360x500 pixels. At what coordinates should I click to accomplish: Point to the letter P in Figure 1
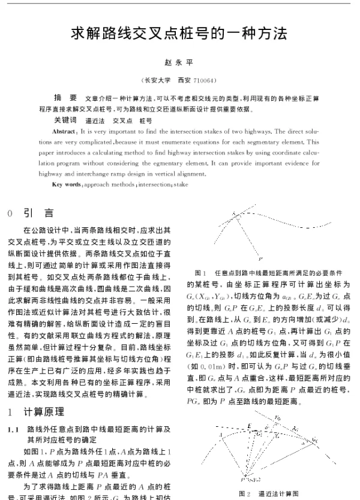coord(260,259)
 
